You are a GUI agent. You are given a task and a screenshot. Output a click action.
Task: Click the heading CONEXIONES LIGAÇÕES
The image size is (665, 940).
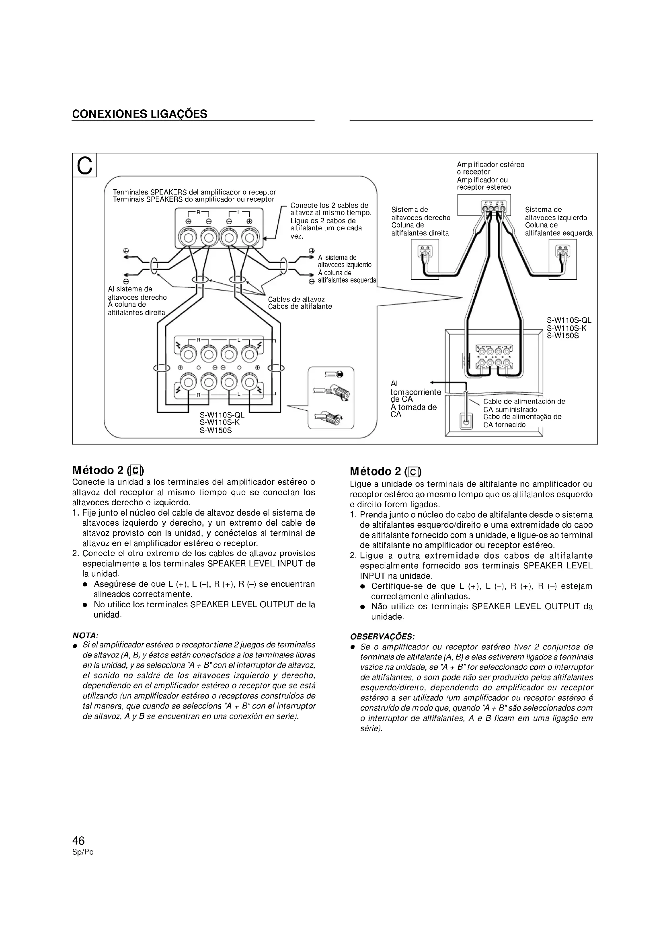140,114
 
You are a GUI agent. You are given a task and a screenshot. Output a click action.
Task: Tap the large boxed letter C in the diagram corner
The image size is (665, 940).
84,165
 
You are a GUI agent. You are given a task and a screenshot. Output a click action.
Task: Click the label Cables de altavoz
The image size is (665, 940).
296,299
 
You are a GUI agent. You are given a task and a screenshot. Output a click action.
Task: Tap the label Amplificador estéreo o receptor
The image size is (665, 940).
490,168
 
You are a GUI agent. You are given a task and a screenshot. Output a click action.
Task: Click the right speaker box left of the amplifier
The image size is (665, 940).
425,259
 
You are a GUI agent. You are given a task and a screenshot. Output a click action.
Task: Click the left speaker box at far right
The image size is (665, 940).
562,259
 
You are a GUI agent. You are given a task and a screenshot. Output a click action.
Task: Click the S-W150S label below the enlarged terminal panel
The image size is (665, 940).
216,431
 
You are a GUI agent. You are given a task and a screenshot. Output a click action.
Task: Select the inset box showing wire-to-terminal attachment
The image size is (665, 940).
330,398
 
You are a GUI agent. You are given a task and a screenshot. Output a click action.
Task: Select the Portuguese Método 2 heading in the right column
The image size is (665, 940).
385,471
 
